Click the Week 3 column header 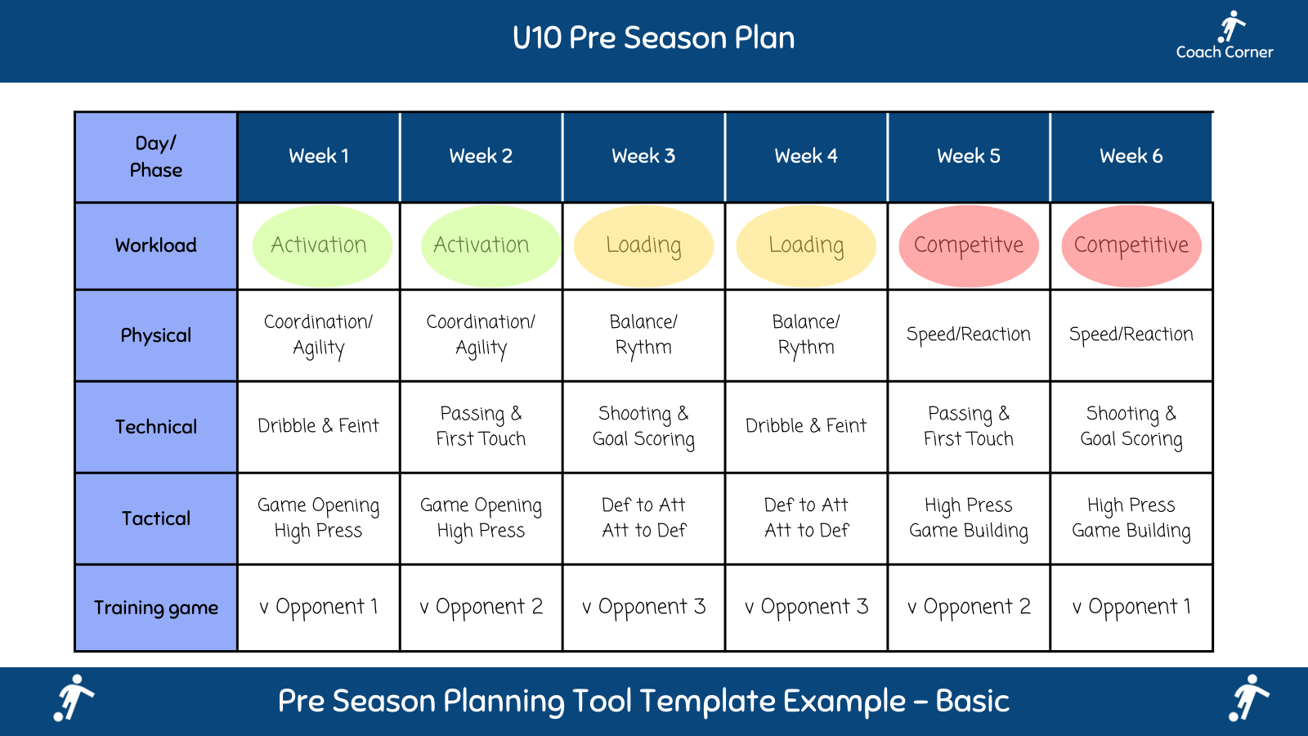[643, 156]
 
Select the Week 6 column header [1131, 156]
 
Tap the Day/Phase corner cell [155, 156]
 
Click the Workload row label [155, 245]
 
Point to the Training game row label [155, 608]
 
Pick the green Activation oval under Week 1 [319, 245]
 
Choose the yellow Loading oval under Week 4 [806, 245]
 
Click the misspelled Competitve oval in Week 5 [968, 245]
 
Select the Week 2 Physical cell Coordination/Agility [481, 334]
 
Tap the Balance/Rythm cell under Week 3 [643, 334]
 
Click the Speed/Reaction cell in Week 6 [1131, 334]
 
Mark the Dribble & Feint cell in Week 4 [806, 426]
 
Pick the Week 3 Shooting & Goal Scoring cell [643, 426]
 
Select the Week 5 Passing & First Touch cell [968, 426]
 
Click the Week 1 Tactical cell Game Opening [319, 518]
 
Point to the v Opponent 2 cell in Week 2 [481, 608]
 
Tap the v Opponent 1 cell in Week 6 [1131, 608]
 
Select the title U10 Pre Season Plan [653, 38]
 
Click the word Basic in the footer [972, 702]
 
